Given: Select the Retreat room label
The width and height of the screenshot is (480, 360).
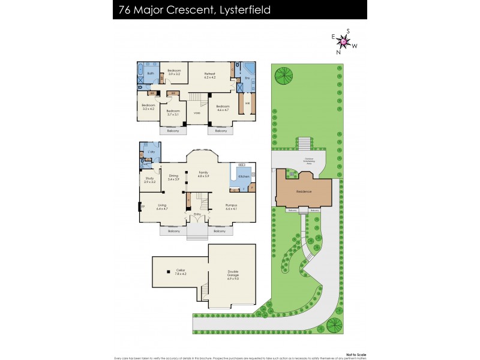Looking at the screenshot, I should point(209,75).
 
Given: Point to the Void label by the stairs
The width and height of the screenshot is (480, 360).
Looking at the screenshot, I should point(196,113).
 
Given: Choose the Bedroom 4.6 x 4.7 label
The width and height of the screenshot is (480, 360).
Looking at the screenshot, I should point(223,108).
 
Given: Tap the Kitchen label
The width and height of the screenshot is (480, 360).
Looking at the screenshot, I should point(244,176).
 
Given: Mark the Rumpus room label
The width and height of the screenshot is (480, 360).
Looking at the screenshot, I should point(232,207).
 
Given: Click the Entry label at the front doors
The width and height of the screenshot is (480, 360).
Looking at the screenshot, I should point(196,214).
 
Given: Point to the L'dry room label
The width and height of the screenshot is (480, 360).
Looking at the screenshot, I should point(151,153).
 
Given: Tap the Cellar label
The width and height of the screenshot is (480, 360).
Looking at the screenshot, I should point(180,271).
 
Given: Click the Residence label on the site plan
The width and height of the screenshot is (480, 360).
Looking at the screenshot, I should point(304,192).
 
